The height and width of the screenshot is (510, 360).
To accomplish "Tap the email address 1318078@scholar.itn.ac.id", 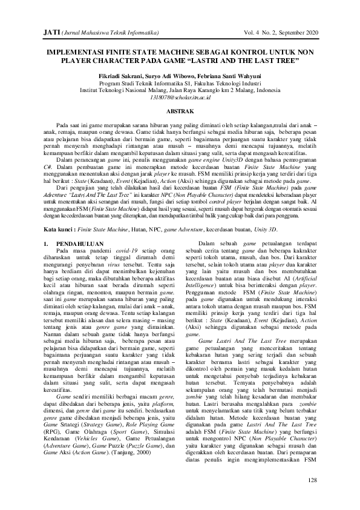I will (180, 97).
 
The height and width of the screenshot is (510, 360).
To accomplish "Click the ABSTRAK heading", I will (180, 111).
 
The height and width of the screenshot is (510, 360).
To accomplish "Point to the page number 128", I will (312, 480).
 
